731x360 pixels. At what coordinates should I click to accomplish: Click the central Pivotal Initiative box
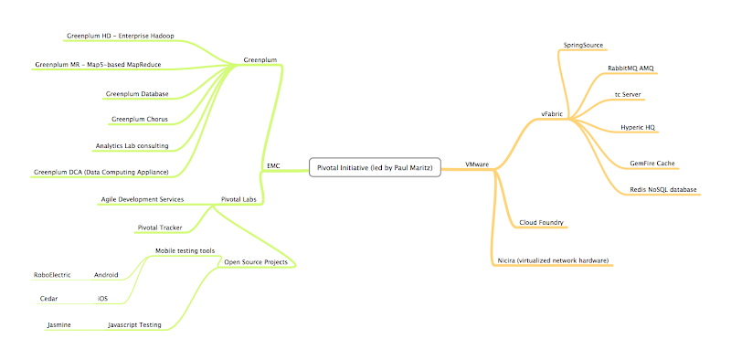click(375, 167)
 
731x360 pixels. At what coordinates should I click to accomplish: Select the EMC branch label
click(273, 165)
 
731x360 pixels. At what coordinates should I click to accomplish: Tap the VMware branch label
click(477, 164)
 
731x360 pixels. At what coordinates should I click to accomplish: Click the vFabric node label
click(553, 113)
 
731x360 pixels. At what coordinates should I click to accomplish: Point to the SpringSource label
click(583, 46)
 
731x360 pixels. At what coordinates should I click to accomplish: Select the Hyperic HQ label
click(634, 127)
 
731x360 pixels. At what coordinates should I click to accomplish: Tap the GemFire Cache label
click(652, 164)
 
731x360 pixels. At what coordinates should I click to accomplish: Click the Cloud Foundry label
click(541, 222)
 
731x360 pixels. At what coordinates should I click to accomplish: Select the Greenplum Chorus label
click(140, 120)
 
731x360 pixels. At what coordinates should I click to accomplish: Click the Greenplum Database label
click(137, 94)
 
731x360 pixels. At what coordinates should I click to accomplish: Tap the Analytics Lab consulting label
click(132, 146)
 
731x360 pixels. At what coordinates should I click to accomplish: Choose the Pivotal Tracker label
click(160, 228)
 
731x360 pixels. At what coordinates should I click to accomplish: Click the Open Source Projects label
click(256, 262)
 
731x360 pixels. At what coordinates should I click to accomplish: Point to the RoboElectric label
click(52, 275)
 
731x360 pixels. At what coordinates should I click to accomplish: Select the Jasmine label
click(59, 324)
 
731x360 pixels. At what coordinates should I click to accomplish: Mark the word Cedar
click(49, 298)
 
